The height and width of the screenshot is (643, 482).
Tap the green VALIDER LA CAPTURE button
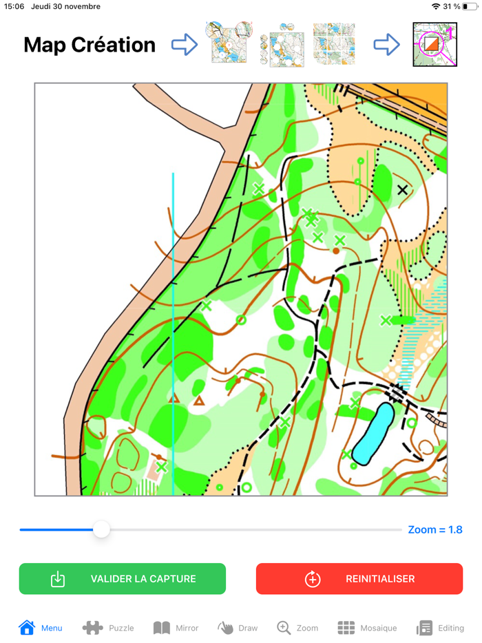(122, 579)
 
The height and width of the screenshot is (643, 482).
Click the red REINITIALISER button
(359, 579)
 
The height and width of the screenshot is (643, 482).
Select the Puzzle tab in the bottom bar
(108, 628)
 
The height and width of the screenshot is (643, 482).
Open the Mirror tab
(176, 628)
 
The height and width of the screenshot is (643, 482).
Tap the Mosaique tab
(367, 628)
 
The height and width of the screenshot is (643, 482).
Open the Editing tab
(441, 628)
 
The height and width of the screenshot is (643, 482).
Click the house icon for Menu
(27, 627)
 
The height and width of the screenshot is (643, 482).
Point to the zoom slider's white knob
(101, 529)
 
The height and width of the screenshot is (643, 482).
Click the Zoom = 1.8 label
(434, 529)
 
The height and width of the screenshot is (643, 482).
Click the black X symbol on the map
(402, 189)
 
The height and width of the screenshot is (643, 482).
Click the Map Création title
(90, 45)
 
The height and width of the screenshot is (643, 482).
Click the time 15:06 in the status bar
(14, 6)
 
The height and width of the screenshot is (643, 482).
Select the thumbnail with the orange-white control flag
(430, 45)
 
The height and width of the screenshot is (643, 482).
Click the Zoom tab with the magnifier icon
(297, 628)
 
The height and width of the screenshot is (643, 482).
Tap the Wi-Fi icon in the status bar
(435, 6)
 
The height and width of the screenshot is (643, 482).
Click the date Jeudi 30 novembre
(65, 6)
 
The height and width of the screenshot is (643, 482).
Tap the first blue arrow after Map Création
(184, 45)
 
